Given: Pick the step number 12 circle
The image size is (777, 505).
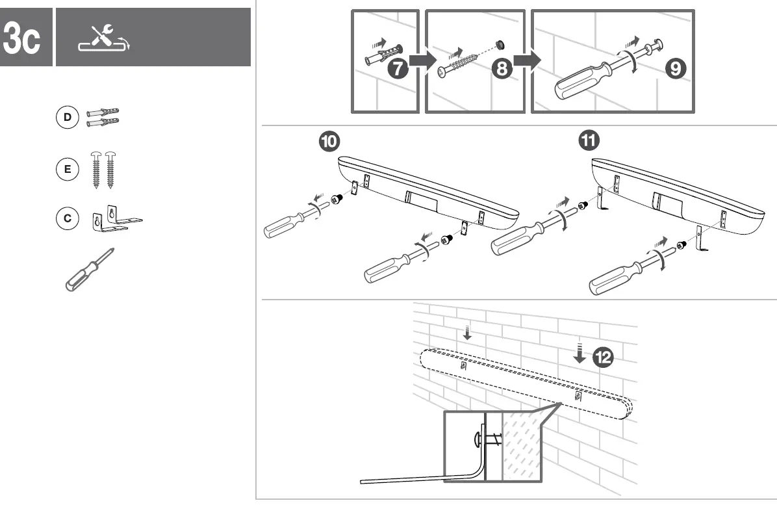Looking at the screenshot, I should click(603, 356).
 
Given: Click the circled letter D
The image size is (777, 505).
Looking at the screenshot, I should click(66, 118).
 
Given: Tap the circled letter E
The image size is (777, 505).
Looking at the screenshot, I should click(66, 169).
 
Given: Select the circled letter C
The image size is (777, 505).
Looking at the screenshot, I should click(66, 218).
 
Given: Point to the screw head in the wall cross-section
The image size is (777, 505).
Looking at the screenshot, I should click(476, 438).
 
